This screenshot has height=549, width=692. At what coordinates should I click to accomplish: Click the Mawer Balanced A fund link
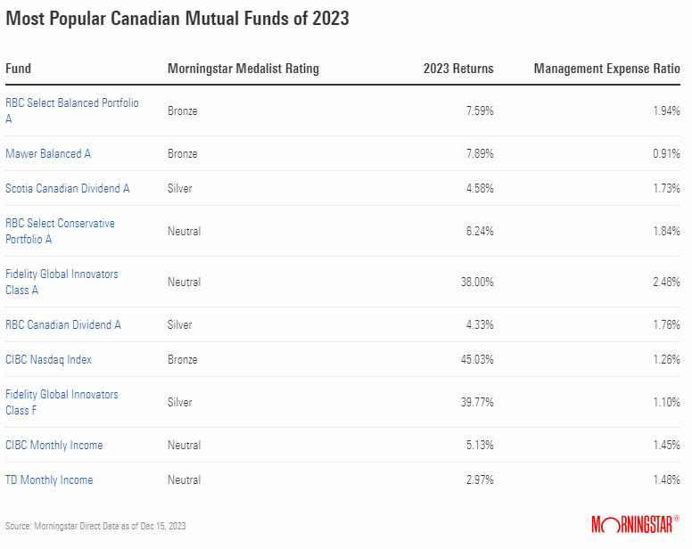(x=48, y=153)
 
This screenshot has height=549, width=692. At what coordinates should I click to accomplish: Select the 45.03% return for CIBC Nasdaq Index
(x=474, y=359)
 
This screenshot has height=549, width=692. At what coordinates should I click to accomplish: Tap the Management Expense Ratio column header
(x=606, y=69)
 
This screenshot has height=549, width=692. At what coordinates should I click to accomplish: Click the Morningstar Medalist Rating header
(x=243, y=69)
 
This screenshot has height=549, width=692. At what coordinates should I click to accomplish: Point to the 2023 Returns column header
(x=457, y=69)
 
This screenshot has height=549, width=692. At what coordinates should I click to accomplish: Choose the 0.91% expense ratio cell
(x=664, y=153)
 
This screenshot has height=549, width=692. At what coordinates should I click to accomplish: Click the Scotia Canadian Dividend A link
(x=68, y=188)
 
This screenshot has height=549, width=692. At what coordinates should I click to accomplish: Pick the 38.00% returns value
(x=474, y=282)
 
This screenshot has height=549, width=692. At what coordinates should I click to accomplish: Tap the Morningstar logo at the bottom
(x=635, y=524)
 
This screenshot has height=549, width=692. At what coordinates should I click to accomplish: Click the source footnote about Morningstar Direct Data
(x=96, y=526)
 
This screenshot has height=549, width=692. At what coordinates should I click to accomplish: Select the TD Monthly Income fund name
(x=49, y=479)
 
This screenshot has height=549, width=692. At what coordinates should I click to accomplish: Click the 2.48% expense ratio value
(x=664, y=282)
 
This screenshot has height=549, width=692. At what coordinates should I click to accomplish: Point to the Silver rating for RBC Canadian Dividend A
(x=180, y=324)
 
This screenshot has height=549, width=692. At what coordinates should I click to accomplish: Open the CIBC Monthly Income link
(x=54, y=445)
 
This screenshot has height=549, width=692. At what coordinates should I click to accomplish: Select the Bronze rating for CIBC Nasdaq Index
(x=183, y=359)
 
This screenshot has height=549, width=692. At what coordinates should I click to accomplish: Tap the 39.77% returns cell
(x=474, y=402)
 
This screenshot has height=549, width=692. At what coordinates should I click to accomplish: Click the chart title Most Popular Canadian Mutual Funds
(x=177, y=19)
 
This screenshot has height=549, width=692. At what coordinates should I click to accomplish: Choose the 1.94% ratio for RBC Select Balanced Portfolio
(x=664, y=111)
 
